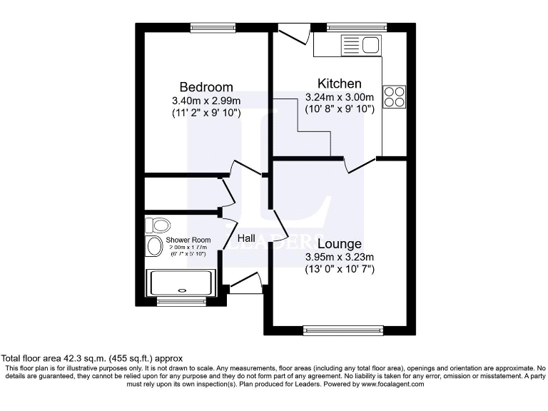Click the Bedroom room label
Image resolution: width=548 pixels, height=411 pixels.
click(x=205, y=87)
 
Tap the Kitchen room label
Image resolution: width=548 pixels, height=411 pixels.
click(x=339, y=83)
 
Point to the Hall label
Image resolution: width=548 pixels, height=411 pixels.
click(x=246, y=238)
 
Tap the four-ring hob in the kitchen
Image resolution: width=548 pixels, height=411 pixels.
click(x=393, y=96)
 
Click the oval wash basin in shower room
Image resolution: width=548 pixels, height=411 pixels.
click(x=154, y=248)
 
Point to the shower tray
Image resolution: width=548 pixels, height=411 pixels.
click(x=180, y=283)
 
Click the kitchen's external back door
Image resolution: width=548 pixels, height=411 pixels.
click(x=293, y=32)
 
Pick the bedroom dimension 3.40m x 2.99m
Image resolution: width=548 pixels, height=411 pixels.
click(x=205, y=100)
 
